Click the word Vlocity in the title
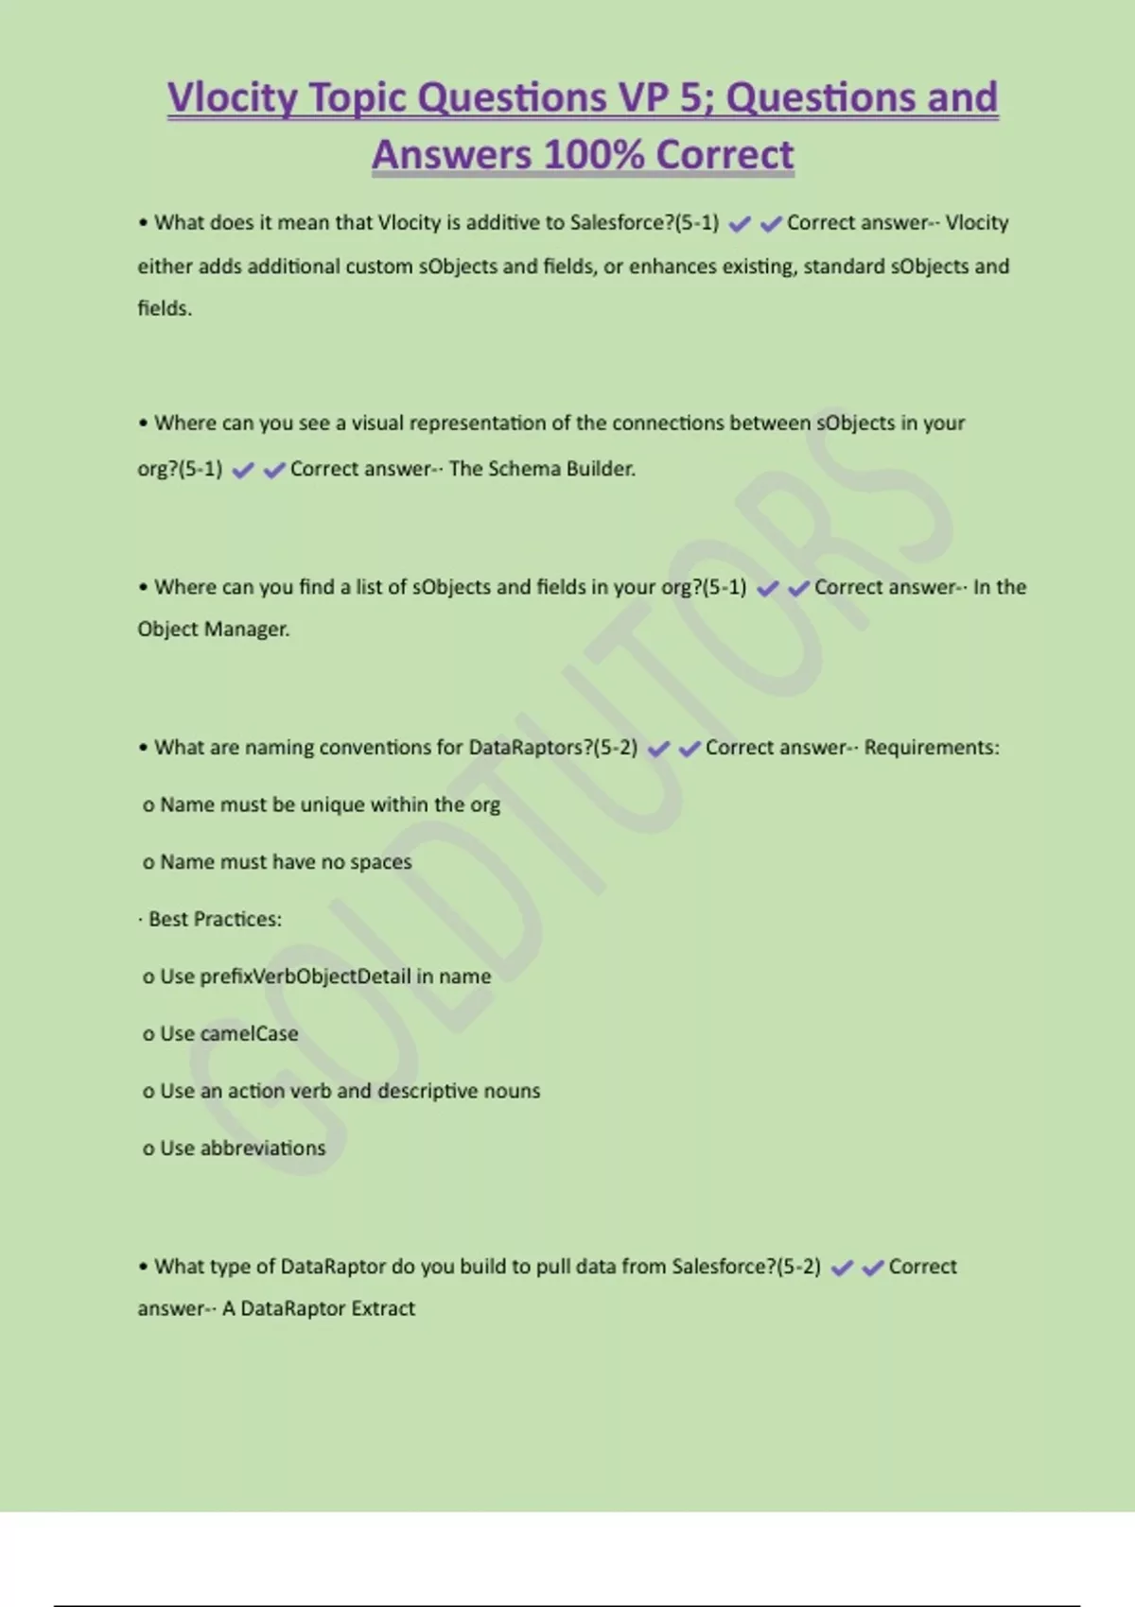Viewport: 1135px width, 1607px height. tap(233, 98)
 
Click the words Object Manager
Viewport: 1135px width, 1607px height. tap(213, 630)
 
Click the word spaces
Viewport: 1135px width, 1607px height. tap(380, 862)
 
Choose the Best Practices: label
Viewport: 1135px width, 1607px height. tap(215, 920)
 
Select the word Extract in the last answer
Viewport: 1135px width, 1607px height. tap(383, 1309)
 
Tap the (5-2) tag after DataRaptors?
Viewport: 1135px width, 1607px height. tap(615, 748)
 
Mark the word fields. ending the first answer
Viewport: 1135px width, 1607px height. tap(165, 308)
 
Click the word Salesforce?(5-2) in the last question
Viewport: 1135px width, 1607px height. tap(746, 1267)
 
